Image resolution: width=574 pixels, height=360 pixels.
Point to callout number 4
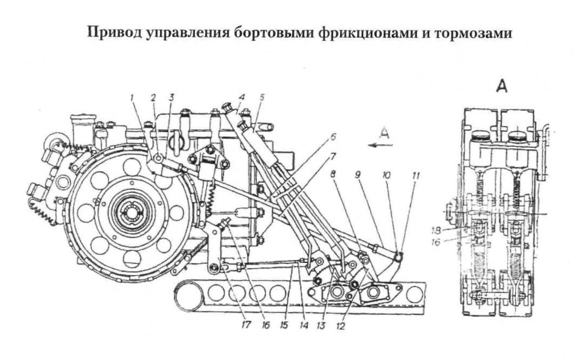coord(243,97)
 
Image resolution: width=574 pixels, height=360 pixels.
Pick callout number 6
coord(333,137)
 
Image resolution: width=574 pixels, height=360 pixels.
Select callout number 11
coord(416,176)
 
